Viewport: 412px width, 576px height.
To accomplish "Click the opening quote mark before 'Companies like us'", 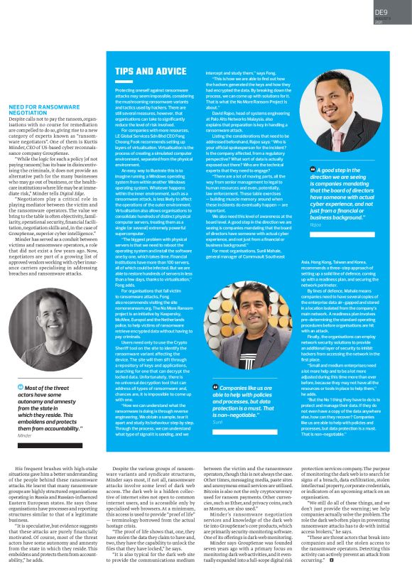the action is click(x=215, y=386).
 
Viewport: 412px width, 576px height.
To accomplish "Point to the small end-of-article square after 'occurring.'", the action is click(x=331, y=560).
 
